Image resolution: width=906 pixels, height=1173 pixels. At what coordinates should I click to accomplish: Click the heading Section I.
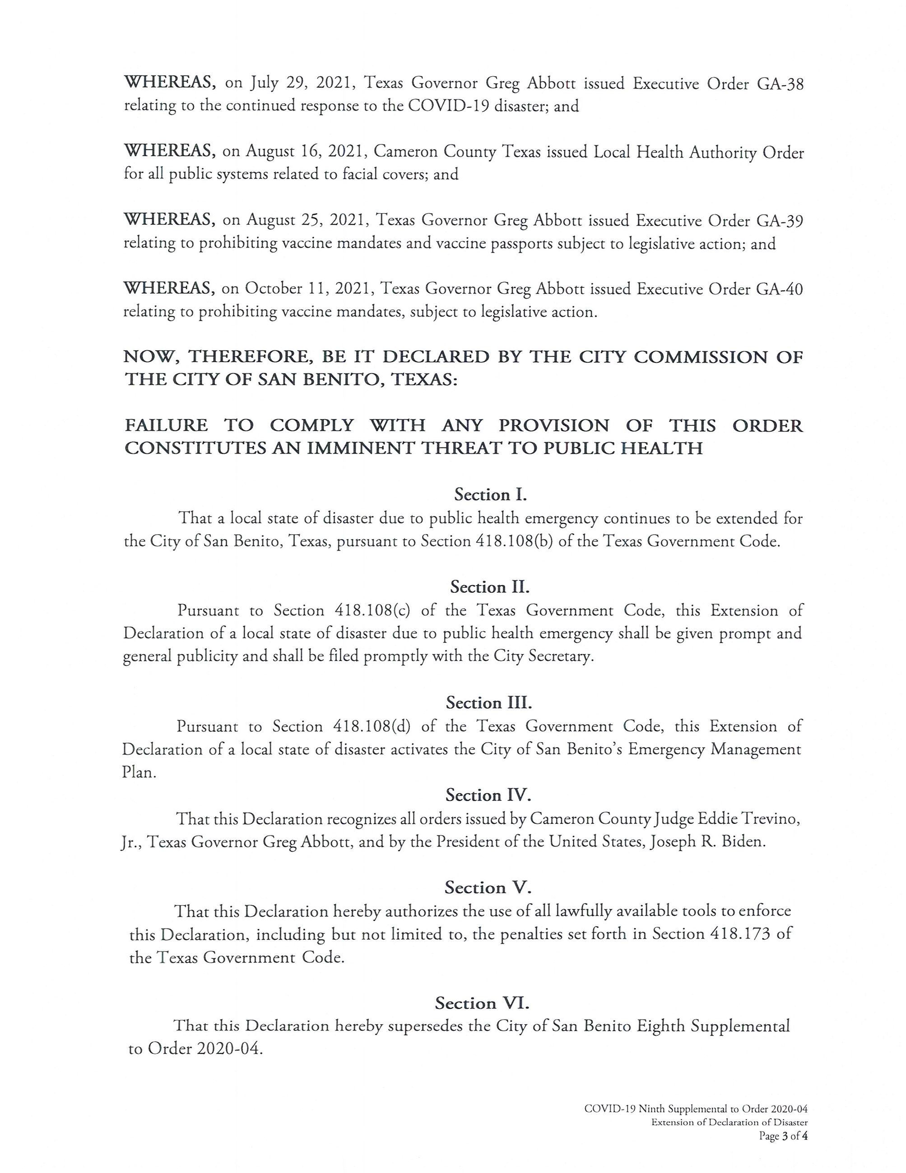[490, 494]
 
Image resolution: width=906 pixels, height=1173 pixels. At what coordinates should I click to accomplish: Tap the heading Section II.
[489, 586]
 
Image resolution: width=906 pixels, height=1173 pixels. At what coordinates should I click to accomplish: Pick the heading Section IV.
[488, 794]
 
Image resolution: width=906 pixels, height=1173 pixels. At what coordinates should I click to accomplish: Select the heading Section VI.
[482, 1003]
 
